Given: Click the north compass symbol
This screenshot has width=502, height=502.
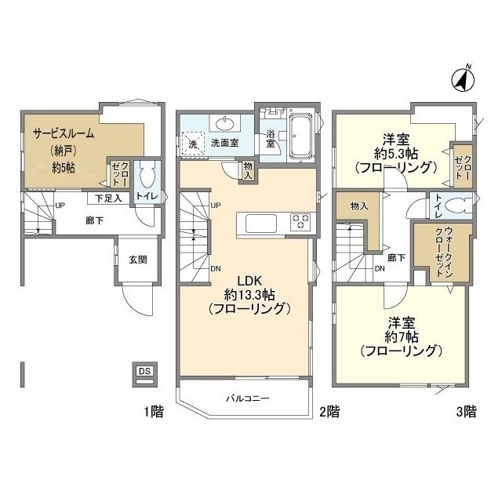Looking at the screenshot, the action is tap(463, 80).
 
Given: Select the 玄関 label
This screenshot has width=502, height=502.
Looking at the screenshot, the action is tap(138, 260).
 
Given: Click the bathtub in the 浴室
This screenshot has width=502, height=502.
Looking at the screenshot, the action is tap(300, 136).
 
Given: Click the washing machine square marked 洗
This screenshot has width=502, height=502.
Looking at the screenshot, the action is tap(193, 144).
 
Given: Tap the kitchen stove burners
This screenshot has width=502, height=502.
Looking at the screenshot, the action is tap(300, 221).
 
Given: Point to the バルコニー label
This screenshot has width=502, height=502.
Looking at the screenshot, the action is tap(248, 398).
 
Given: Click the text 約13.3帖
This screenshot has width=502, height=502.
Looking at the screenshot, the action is tap(249, 295).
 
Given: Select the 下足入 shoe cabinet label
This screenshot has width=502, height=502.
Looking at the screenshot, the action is tap(108, 198).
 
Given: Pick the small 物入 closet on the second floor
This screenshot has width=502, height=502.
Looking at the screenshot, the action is tap(248, 171).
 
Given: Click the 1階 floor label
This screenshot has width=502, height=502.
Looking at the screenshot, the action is tap(154, 411).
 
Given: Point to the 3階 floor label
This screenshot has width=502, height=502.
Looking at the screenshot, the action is tap(466, 411).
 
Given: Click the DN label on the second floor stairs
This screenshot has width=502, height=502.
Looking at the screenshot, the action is tap(216, 268).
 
